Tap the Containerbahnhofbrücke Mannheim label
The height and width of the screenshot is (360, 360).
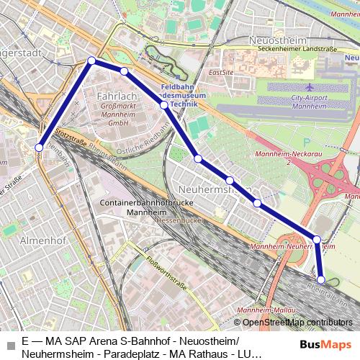click(x=138, y=209)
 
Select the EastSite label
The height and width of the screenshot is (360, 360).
click(x=220, y=73)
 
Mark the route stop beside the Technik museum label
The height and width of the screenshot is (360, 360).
click(x=164, y=105)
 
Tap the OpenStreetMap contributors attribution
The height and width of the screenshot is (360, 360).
click(x=297, y=322)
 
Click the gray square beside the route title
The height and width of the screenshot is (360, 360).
click(x=10, y=344)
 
